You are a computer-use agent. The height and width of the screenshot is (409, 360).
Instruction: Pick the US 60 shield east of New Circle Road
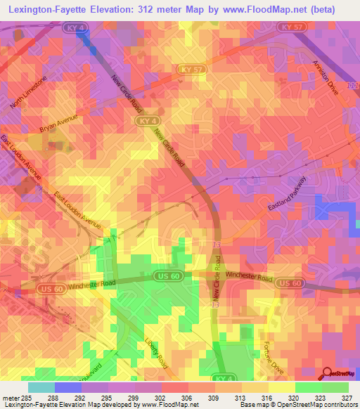click(290, 283)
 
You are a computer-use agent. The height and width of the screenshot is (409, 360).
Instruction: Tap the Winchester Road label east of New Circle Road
click(250, 279)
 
